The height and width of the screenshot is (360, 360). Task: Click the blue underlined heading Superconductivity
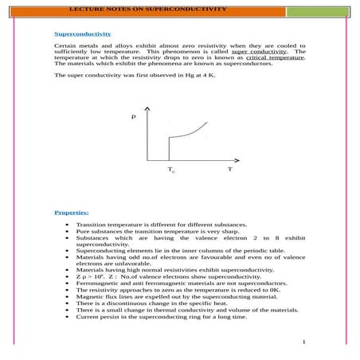click(x=82, y=34)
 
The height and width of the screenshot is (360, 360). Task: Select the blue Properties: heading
click(x=72, y=213)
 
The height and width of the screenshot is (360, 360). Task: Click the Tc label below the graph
click(x=171, y=170)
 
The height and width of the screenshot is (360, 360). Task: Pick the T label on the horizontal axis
click(x=230, y=169)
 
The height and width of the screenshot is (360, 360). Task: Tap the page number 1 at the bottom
click(x=304, y=342)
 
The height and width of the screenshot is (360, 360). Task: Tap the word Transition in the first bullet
click(x=92, y=226)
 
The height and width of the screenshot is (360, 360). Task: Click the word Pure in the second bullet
click(x=84, y=233)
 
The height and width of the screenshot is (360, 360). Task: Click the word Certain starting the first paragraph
click(x=65, y=46)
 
